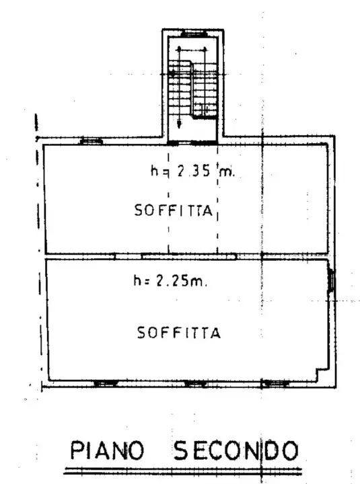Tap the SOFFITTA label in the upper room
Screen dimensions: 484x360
click(174, 210)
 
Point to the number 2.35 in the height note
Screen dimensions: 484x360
click(194, 171)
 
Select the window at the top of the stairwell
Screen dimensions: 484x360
click(194, 32)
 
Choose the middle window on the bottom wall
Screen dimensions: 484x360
click(195, 383)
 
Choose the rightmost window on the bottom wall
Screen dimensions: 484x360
click(276, 383)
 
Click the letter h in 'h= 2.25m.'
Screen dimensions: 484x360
click(137, 282)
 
